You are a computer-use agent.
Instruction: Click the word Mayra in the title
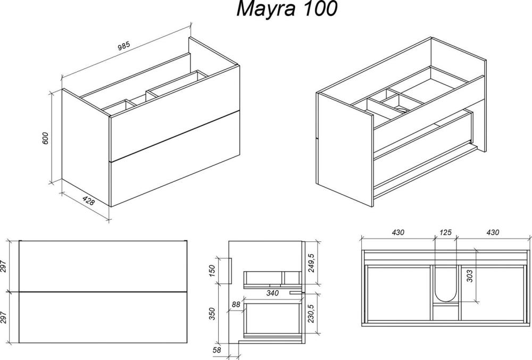(265, 9)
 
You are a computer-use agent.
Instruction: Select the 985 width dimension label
(124, 47)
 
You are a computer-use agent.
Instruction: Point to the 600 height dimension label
(45, 138)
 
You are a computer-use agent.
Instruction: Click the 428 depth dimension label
(88, 201)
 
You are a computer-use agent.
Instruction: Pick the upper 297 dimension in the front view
(3, 266)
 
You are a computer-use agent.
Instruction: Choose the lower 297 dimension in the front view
(3, 317)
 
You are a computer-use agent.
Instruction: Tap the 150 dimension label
(212, 271)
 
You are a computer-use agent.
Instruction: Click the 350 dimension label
(212, 314)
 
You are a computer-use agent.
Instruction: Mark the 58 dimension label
(217, 350)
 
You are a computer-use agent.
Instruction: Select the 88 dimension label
(236, 304)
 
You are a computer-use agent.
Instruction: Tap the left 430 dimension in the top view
(398, 232)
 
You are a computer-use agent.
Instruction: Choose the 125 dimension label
(445, 232)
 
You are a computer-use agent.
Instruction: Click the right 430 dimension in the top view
(493, 232)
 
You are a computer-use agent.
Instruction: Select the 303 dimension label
(470, 277)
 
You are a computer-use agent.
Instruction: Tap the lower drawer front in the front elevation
(103, 317)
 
